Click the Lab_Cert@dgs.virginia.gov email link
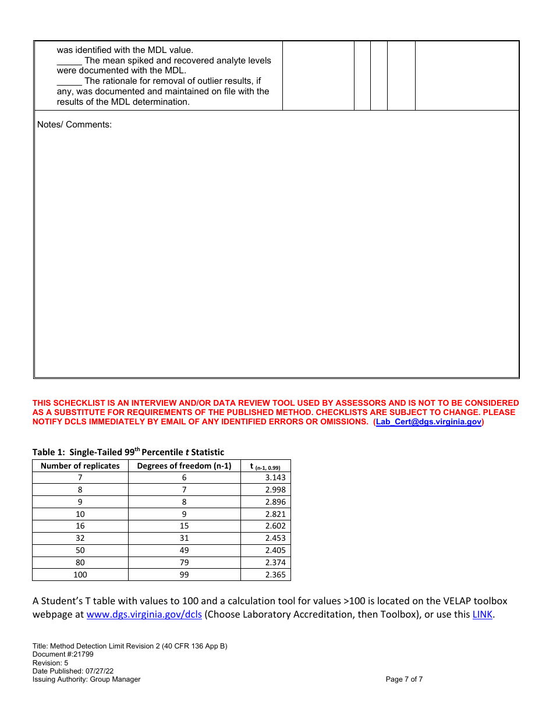428,422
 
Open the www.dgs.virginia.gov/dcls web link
144,615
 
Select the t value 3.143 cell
265,477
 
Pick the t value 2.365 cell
265,575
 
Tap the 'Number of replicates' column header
80,466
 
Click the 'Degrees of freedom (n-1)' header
184,466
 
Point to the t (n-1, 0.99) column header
265,466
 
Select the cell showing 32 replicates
80,538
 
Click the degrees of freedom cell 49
184,551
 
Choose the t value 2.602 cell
265,526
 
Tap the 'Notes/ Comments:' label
75,125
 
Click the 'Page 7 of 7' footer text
404,679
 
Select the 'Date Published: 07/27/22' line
73,671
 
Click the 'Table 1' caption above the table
128,452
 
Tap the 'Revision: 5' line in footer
47,663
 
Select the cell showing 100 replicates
80,575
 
